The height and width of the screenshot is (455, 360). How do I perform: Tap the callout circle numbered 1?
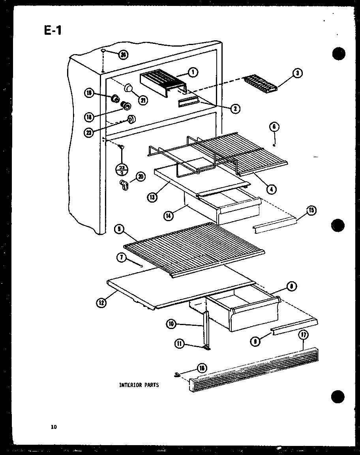(x=193, y=72)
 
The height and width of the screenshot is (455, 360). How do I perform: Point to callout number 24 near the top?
(x=123, y=55)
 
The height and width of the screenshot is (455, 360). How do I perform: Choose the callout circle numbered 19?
(x=88, y=93)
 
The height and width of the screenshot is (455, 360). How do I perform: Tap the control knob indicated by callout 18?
(x=126, y=105)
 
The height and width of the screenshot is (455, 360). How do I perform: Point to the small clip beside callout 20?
(x=124, y=184)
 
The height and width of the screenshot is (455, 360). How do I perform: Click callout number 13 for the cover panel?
(x=152, y=196)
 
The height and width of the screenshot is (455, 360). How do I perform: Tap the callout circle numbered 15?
(x=311, y=211)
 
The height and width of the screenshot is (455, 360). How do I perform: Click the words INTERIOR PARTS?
(x=139, y=385)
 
